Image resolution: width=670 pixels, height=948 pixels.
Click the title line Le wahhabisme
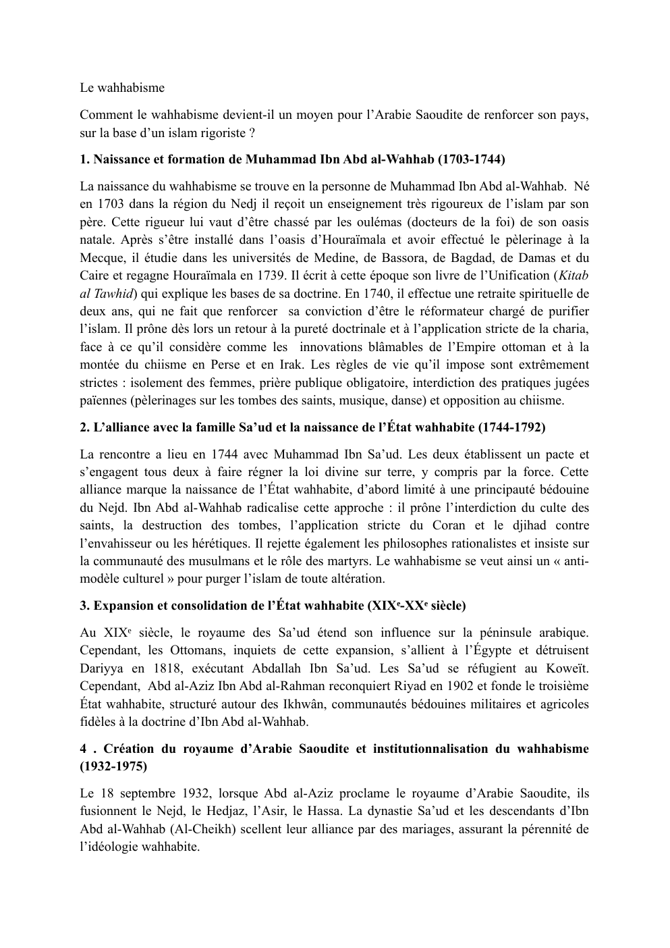(121, 88)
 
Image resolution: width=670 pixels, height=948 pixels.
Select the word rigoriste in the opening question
(223, 132)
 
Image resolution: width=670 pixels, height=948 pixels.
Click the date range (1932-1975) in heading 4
(113, 766)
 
